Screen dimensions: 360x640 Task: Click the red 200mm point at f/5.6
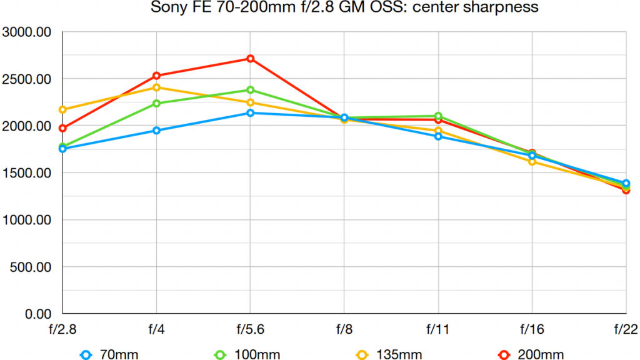tap(250, 59)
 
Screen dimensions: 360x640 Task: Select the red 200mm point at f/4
tap(156, 76)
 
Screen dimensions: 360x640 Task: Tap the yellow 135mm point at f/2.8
tap(62, 110)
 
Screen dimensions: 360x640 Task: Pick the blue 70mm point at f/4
tap(156, 131)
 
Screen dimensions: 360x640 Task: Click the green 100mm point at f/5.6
tap(250, 90)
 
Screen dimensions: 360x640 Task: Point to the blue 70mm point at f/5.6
tap(250, 113)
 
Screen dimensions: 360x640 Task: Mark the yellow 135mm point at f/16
tap(532, 161)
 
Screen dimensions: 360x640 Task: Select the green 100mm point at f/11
tap(438, 116)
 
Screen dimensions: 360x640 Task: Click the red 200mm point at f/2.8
tap(62, 128)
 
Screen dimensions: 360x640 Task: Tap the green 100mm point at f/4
tap(156, 104)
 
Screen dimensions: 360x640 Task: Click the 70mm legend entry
tap(109, 354)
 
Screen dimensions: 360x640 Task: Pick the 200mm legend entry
tap(531, 354)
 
